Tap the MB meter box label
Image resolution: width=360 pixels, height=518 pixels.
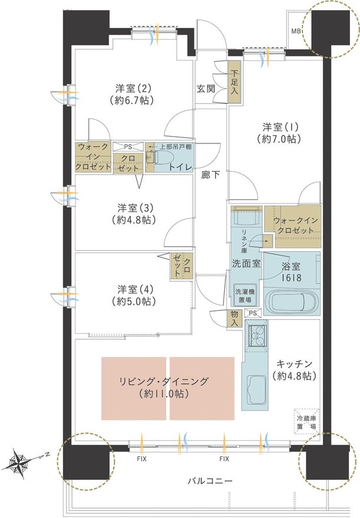(296, 31)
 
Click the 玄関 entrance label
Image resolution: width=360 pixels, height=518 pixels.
(205, 89)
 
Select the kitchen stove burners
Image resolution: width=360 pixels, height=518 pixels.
(257, 337)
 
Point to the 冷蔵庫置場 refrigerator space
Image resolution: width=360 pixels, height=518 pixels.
(306, 421)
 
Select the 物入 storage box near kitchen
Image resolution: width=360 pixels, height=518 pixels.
(234, 319)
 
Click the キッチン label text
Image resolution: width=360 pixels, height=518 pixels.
(292, 363)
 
